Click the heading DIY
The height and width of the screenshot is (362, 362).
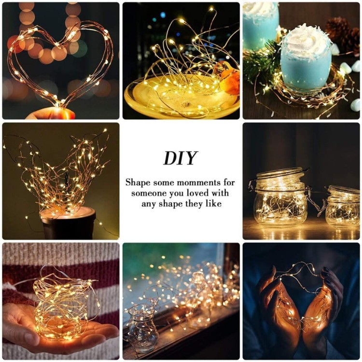pyautogui.click(x=181, y=158)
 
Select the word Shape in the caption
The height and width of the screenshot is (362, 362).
pyautogui.click(x=138, y=182)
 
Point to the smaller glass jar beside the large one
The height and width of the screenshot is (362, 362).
pyautogui.click(x=343, y=207)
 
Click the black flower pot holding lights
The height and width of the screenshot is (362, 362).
pyautogui.click(x=68, y=223)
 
